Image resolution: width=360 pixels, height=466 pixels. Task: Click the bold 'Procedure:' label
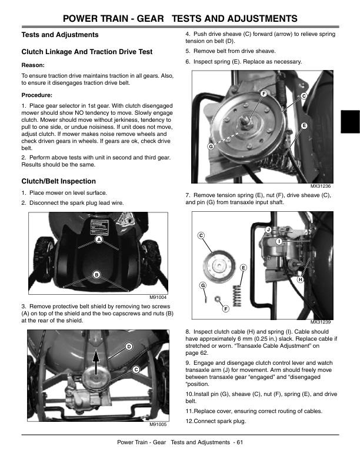37,94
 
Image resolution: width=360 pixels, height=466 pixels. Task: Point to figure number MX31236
321,187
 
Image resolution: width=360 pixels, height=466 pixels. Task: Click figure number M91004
158,298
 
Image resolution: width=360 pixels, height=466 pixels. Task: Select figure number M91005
158,425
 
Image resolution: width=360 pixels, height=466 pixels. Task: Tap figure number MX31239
321,322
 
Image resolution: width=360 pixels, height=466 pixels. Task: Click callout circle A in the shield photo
99,241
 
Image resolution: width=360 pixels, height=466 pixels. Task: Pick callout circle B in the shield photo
96,275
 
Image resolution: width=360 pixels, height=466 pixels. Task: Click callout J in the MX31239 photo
268,229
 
